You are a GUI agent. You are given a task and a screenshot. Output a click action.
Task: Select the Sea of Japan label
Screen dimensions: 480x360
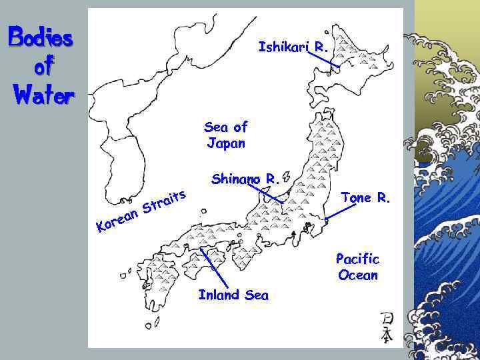(226, 135)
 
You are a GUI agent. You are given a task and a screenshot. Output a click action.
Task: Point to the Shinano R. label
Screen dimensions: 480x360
(243, 179)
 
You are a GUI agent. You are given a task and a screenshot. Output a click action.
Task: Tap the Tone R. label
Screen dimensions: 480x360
(366, 197)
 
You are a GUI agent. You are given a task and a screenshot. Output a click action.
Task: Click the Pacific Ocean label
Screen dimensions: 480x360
(357, 267)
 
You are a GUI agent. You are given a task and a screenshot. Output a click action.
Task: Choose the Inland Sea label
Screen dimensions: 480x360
(233, 295)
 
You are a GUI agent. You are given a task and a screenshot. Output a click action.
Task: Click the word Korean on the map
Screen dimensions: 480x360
(117, 221)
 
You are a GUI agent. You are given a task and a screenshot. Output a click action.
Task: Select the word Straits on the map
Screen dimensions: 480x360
(164, 199)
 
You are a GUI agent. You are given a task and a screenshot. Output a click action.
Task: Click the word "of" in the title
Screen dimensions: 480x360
(41, 67)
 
